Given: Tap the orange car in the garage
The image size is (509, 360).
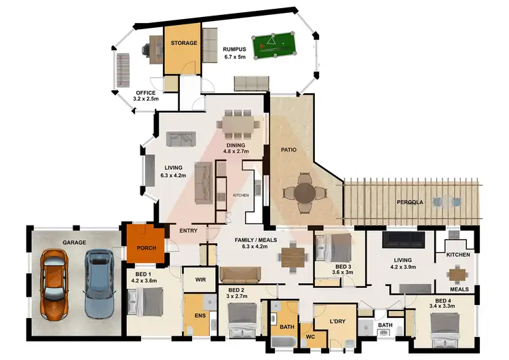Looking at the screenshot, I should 52,285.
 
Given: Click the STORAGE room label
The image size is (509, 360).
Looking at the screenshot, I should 183,43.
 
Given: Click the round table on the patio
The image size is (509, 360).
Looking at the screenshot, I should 303,192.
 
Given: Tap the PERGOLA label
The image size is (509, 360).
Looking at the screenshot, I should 411,202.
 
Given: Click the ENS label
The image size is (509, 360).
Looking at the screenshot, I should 201,315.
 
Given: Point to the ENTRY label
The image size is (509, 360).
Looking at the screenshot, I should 188,231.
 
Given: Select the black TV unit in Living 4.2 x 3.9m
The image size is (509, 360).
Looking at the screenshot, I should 404,240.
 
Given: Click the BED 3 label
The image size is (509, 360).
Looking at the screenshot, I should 343,266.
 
